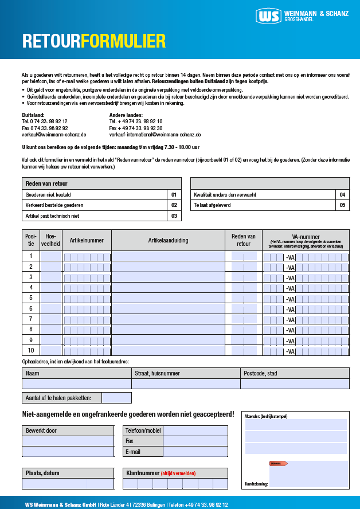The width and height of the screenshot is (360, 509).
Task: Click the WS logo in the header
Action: pos(269,17)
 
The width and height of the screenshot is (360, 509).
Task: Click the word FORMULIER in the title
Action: pos(123,41)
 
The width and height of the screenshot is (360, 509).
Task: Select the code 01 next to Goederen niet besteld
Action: pos(174,195)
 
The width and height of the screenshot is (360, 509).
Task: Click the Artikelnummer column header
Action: pos(87,241)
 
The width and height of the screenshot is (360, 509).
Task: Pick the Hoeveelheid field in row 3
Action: pos(51,277)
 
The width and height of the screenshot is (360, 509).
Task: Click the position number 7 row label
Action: pos(30,319)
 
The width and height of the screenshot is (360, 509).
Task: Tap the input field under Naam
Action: pos(76,384)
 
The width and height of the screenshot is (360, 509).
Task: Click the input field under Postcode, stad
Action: pos(295,384)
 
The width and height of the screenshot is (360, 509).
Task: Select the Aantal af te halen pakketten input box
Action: pos(116,398)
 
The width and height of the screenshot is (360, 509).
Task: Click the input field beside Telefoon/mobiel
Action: pos(195,431)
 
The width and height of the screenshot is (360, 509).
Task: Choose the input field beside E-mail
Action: pos(195,452)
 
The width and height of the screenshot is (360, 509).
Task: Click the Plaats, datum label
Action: pos(42,473)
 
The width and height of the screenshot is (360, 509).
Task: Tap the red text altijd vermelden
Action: pos(178,473)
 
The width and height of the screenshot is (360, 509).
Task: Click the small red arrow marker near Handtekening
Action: pos(278,463)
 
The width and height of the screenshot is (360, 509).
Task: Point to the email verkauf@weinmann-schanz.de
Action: pos(54,135)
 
